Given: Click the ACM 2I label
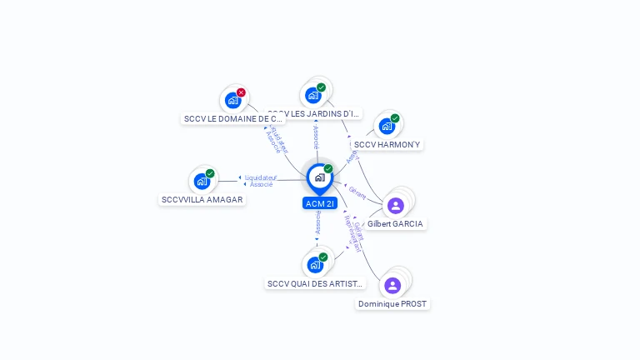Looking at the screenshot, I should pos(320,203).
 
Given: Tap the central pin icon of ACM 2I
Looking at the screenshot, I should pos(319,177).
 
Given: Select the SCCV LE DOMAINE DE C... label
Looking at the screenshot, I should pos(232,119).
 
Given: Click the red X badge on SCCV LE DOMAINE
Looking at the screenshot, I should pos(241,92).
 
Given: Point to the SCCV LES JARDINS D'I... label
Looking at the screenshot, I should pos(315,113).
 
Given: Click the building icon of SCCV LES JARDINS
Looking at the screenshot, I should pos(312,95).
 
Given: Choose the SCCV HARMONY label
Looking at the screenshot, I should pos(387,144).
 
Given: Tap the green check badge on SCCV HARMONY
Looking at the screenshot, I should pos(395,118).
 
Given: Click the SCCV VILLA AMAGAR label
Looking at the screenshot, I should pos(202,200).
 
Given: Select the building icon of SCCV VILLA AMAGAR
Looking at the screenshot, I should pos(202,181).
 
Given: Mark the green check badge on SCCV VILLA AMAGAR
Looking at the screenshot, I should pos(210,173).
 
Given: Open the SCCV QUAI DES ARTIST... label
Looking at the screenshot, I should pos(315,283).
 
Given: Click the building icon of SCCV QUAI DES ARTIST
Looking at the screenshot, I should pos(315,265).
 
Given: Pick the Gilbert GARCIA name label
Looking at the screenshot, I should pos(395,224).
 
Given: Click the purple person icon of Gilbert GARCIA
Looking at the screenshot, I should pos(395,205).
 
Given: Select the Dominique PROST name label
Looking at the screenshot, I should pos(392,304).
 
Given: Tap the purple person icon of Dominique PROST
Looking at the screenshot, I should pos(392,285).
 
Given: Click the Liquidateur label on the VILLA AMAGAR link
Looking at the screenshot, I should pos(260,177).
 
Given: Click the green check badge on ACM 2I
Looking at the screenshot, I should pos(328,169).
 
